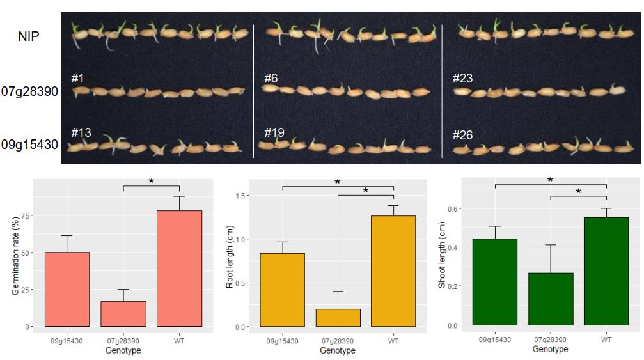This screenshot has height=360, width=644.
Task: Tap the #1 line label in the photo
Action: tap(77, 79)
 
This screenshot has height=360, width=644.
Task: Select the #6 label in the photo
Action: tap(271, 79)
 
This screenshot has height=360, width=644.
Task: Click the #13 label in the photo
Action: tap(81, 133)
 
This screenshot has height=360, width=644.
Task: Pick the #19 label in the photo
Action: tap(274, 133)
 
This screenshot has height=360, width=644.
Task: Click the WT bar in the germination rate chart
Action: tap(179, 269)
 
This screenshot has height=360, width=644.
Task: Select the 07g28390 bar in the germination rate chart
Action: tap(123, 314)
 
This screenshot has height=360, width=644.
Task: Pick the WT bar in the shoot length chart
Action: tap(606, 271)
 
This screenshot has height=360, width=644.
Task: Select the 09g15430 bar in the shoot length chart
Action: tap(495, 282)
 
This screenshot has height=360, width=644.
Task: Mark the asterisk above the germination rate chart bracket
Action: tap(151, 182)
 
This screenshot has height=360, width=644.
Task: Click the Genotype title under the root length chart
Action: tap(338, 350)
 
